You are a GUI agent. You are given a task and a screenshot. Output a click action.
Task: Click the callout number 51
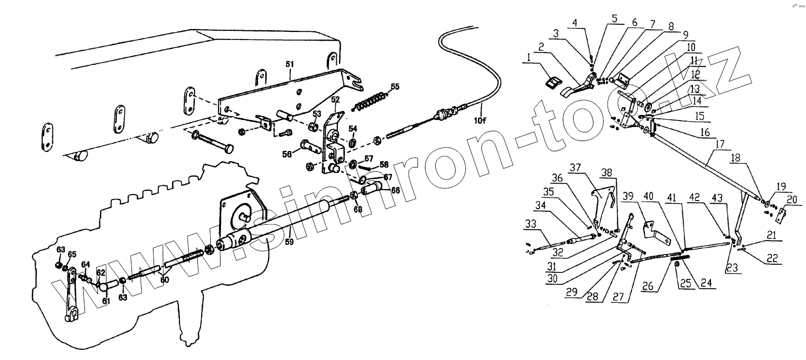[x=289, y=64]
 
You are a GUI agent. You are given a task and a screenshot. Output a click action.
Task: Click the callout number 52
[x=335, y=100]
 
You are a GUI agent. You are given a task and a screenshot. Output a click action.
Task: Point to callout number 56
[x=288, y=154]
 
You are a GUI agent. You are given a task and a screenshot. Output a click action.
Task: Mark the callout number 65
[x=72, y=254]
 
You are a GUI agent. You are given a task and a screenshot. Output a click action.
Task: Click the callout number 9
[x=685, y=33]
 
